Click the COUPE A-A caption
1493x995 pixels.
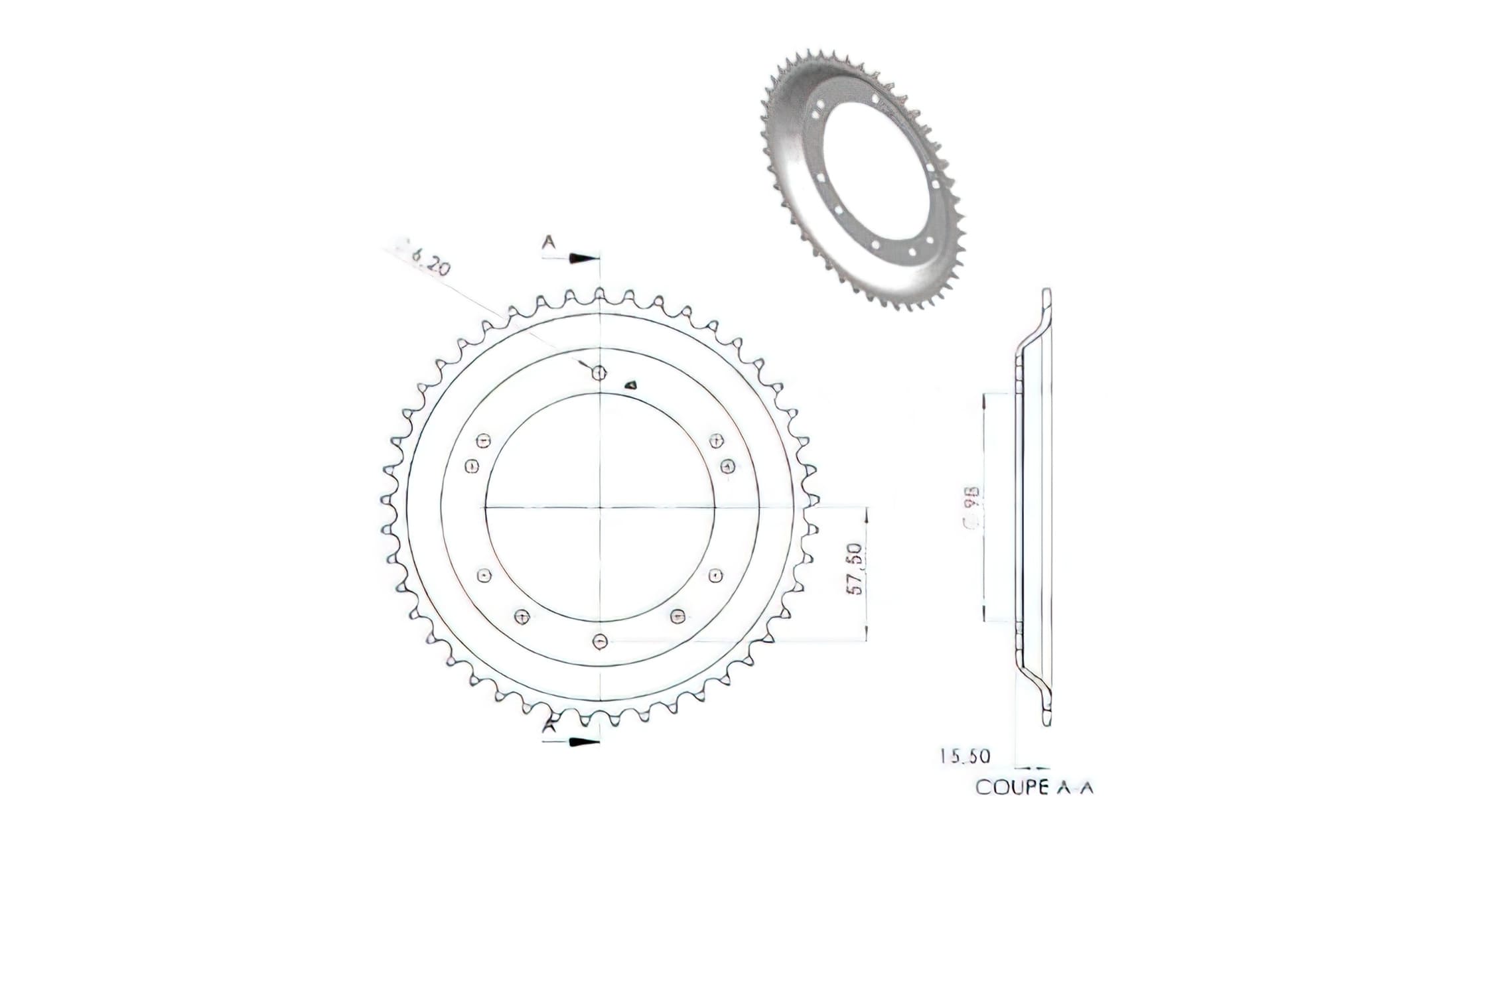[1034, 787]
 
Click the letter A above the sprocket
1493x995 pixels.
[548, 243]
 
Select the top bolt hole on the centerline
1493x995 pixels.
[599, 373]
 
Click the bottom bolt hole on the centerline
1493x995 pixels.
[600, 641]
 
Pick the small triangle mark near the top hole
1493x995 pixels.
[632, 383]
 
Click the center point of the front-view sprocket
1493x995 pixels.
[600, 507]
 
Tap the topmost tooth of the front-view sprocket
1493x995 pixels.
[599, 293]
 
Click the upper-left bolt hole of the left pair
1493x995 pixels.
[484, 440]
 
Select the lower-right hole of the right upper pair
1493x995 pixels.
[728, 466]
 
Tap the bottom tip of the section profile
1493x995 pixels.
[1046, 724]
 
